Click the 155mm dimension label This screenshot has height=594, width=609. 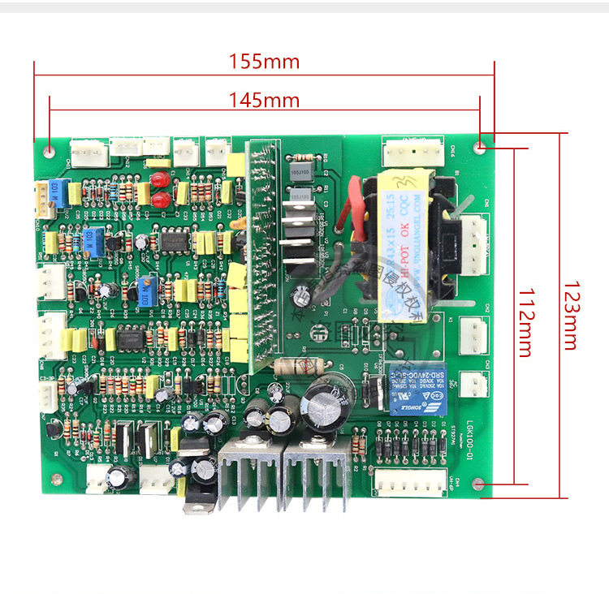coord(264,61)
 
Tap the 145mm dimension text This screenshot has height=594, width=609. coord(264,101)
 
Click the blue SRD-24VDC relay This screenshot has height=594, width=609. coord(417,389)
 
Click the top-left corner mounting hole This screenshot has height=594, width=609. coord(50,151)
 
